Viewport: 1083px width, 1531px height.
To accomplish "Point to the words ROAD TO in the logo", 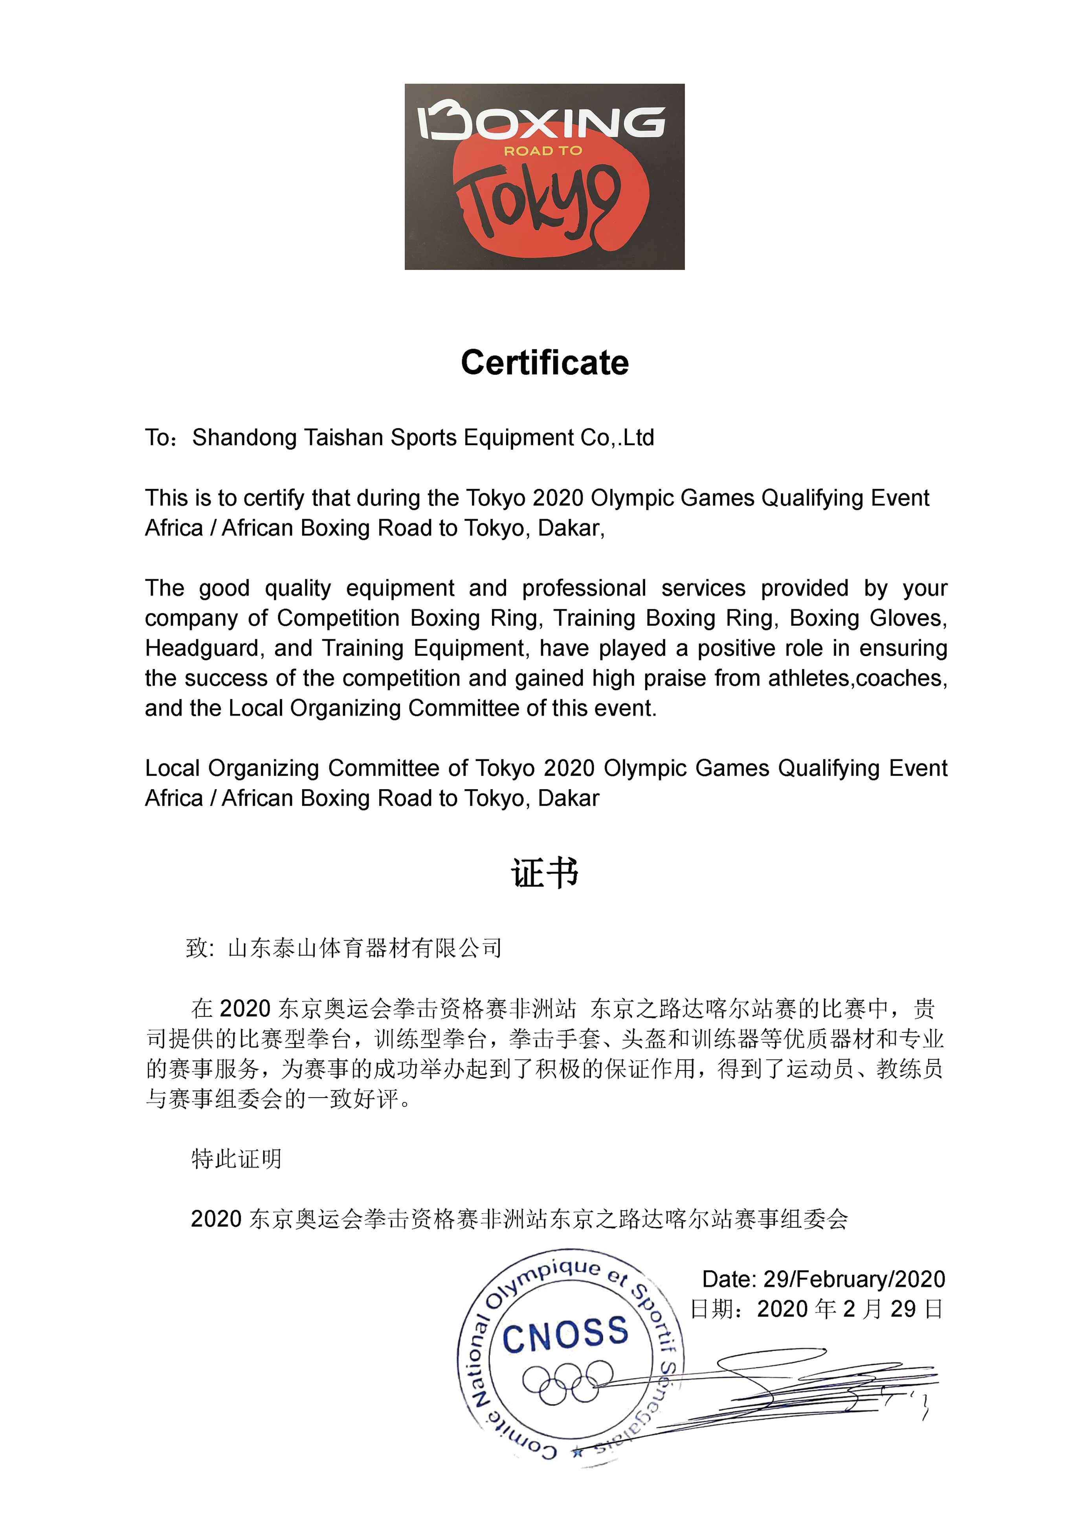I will pos(543,151).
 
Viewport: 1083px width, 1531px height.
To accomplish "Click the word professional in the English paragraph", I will pos(584,588).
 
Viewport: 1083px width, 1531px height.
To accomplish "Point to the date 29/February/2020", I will pos(854,1279).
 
